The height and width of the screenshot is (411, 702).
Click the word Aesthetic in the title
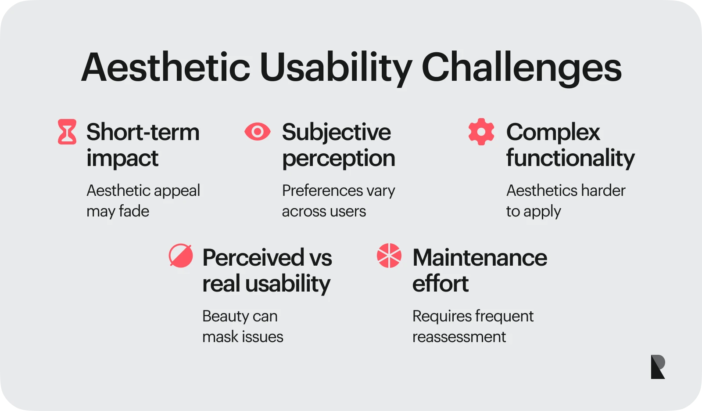tap(165, 68)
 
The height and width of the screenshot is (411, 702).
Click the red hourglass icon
tap(67, 132)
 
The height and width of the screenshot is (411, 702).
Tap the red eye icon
tap(258, 132)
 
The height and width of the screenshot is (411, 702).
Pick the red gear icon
tap(481, 132)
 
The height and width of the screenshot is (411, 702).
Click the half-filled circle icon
tap(181, 256)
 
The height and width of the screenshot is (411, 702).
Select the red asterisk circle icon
tap(389, 256)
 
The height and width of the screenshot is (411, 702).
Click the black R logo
tap(658, 367)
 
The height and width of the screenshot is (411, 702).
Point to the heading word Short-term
tap(143, 132)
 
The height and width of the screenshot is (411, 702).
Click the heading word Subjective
tap(336, 132)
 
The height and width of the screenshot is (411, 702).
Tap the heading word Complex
tap(553, 132)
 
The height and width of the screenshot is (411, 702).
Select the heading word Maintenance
tap(480, 258)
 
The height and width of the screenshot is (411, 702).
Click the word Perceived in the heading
tap(253, 258)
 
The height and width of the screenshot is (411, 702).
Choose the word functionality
tap(570, 158)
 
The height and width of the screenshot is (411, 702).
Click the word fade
tap(134, 211)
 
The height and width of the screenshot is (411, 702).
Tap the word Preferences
tap(322, 191)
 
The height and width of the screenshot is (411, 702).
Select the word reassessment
tap(459, 337)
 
